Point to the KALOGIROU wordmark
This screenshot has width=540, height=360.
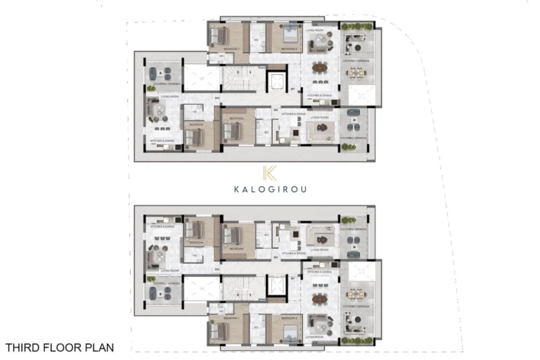point(269,188)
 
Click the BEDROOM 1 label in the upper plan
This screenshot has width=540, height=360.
point(233,48)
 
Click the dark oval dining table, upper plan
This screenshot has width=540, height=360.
point(321,68)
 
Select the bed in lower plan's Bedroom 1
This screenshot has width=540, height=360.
point(220,330)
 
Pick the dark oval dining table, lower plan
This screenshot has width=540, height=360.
point(321,298)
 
